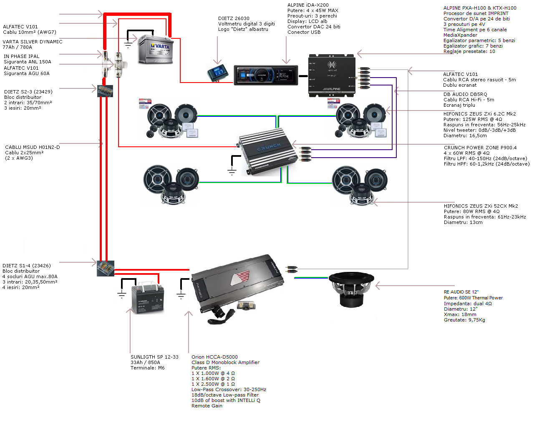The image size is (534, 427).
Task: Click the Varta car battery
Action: tap(155, 49)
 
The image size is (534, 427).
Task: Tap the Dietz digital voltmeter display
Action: tap(218, 73)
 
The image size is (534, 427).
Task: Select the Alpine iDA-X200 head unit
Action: tap(266, 75)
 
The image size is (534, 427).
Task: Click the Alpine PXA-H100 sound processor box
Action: tap(332, 75)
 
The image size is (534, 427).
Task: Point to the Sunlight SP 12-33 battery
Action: tap(148, 297)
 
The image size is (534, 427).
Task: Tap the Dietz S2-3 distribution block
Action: tap(105, 91)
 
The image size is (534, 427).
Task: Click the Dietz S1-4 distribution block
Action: tap(105, 269)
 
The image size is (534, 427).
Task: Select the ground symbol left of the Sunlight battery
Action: tap(121, 294)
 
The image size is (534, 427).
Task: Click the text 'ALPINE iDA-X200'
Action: tap(308, 5)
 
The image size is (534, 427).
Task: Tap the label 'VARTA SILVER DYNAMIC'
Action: tap(33, 42)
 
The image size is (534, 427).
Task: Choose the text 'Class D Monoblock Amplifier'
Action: tap(225, 362)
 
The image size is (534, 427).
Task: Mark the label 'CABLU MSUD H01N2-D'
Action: tap(33, 147)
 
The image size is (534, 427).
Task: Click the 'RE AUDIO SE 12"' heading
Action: tap(461, 292)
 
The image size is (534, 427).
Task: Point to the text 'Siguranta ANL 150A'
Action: tap(28, 62)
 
